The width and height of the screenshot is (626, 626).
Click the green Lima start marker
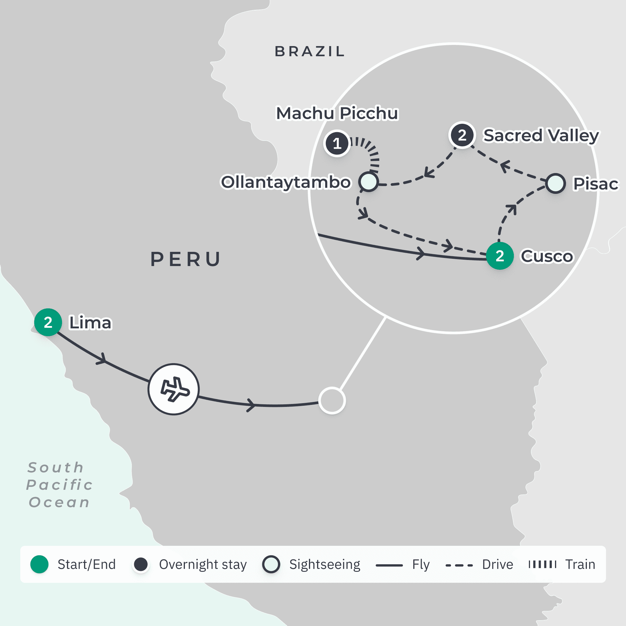click(48, 322)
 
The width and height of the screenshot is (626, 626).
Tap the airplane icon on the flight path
click(174, 389)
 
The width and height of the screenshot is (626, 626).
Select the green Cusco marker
click(500, 256)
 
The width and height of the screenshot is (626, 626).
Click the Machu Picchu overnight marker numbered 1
click(337, 143)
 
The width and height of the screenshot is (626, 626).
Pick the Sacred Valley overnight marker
click(462, 135)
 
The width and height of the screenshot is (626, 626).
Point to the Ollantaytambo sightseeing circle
click(368, 181)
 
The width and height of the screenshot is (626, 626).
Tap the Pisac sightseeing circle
click(555, 183)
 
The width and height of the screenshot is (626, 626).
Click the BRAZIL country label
click(310, 52)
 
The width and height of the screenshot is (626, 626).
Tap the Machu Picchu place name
click(337, 113)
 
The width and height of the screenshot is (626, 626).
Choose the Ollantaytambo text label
click(286, 182)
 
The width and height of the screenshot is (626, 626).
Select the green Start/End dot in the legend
click(39, 565)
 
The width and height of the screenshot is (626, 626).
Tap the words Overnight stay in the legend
click(203, 565)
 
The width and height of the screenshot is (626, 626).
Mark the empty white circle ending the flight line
click(332, 401)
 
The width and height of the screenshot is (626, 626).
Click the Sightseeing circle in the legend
click(271, 565)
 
